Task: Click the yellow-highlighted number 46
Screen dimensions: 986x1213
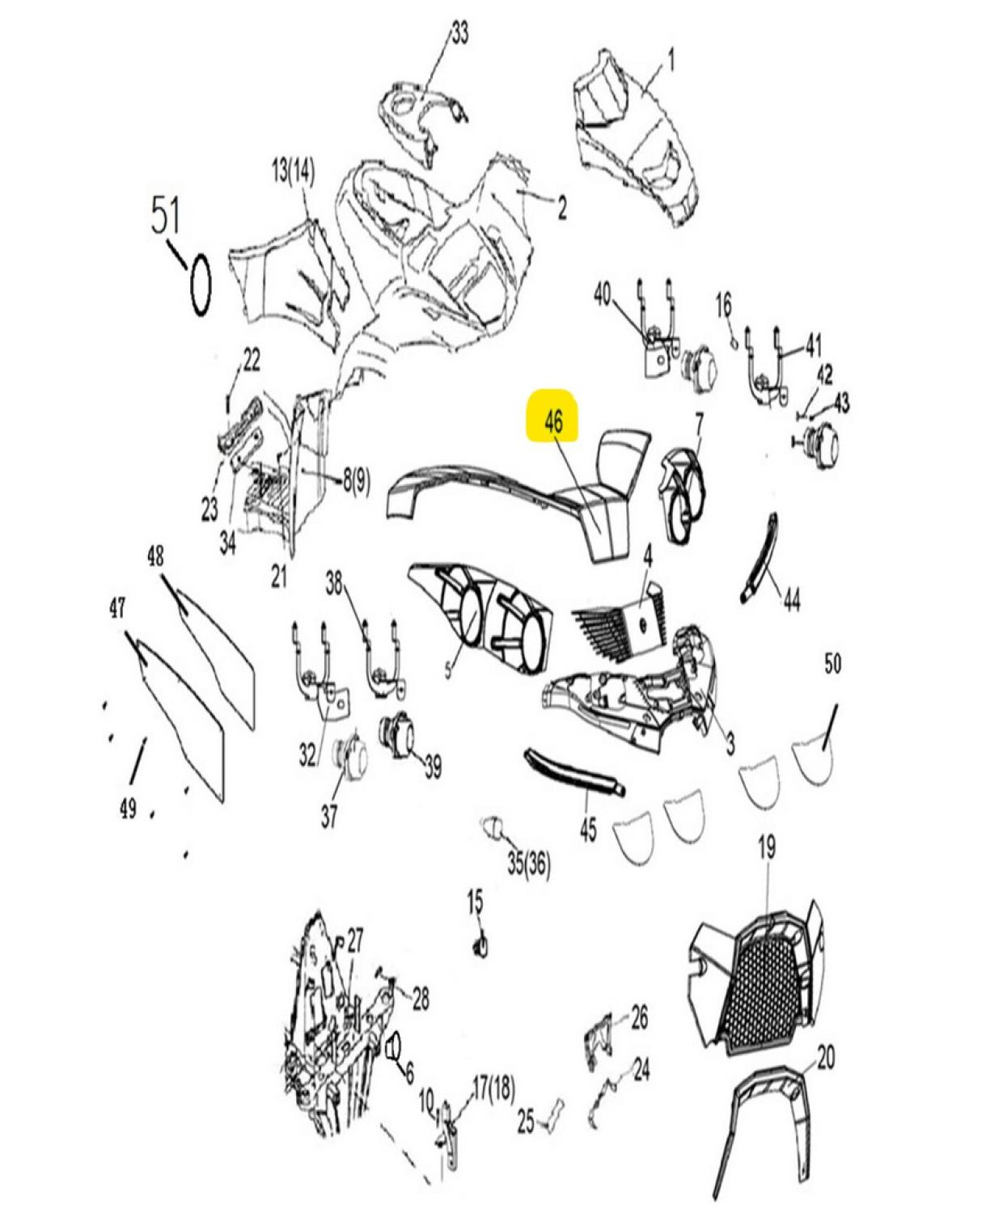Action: pos(553,423)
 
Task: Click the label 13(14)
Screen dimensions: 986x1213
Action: pos(293,171)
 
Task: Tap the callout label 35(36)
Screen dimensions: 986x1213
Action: pos(529,866)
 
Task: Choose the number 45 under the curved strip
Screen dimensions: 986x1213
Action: pos(588,830)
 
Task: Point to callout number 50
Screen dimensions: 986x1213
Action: pos(833,664)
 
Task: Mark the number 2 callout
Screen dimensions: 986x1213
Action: pos(561,209)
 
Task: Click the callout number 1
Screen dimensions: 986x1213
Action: pos(671,61)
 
